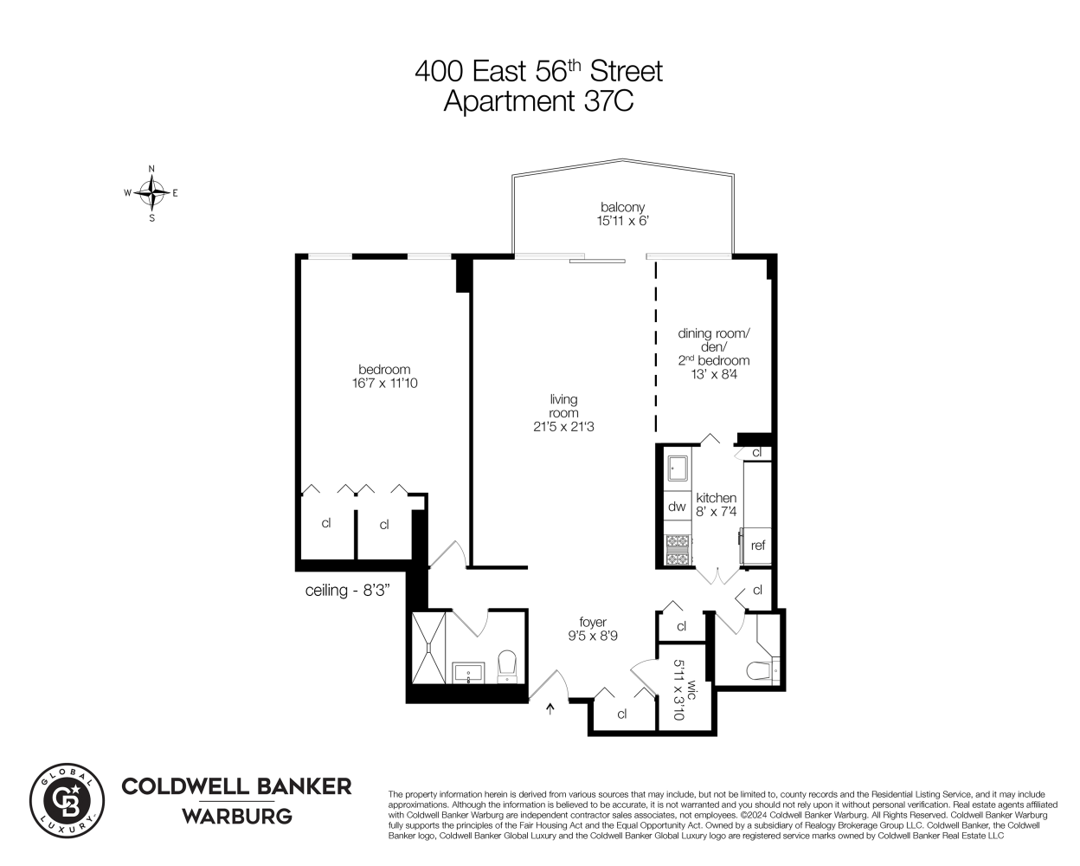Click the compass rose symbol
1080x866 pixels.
pyautogui.click(x=152, y=193)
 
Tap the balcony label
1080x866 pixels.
pyautogui.click(x=623, y=207)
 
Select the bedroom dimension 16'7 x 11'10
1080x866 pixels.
pyautogui.click(x=384, y=383)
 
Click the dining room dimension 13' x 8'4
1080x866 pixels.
pyautogui.click(x=714, y=374)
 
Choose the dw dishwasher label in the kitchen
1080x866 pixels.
pyautogui.click(x=677, y=507)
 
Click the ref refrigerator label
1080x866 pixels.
pyautogui.click(x=758, y=546)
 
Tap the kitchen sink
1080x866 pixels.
pyautogui.click(x=677, y=469)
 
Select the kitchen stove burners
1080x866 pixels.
pyautogui.click(x=678, y=550)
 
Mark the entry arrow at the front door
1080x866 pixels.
pyautogui.click(x=550, y=710)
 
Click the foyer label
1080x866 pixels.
pyautogui.click(x=593, y=622)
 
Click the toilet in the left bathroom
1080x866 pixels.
pyautogui.click(x=507, y=665)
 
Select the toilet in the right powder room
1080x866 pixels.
pyautogui.click(x=762, y=669)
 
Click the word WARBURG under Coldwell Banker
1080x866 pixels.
pyautogui.click(x=236, y=816)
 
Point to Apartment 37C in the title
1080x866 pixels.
pyautogui.click(x=538, y=101)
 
